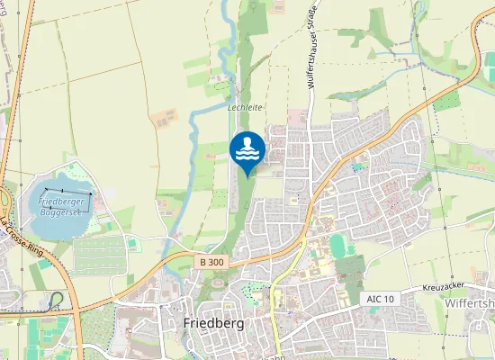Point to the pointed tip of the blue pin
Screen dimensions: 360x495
tap(247, 175)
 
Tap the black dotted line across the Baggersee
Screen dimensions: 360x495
tap(68, 191)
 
